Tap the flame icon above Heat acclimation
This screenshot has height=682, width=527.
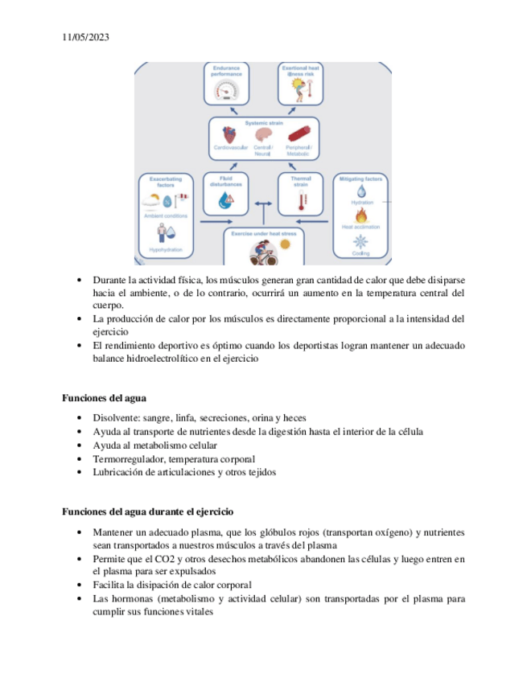click(x=361, y=216)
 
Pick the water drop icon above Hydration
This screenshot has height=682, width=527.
click(x=361, y=191)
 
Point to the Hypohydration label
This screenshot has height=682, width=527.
click(x=166, y=250)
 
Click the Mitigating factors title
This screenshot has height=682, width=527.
click(x=361, y=177)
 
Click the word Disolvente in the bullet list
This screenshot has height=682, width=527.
click(x=117, y=418)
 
